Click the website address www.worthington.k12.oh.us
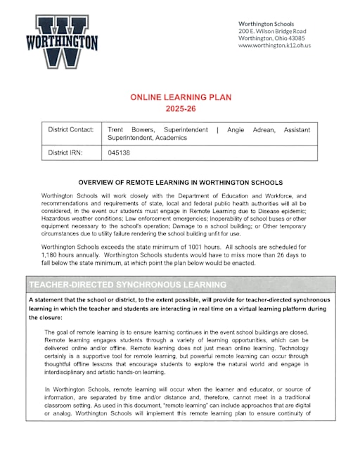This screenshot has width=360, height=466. point(274,46)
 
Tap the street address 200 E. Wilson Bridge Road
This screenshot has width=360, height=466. point(272,31)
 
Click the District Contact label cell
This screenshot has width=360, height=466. point(72,130)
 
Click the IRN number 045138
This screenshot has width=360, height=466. point(119,152)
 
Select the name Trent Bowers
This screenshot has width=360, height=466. point(123,130)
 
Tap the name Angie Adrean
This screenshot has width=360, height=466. point(245,130)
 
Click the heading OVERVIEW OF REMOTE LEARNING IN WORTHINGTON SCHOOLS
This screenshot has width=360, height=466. point(180,182)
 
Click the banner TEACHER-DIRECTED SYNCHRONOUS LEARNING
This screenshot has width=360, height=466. point(127,285)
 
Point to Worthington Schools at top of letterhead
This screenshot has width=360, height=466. point(266,24)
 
